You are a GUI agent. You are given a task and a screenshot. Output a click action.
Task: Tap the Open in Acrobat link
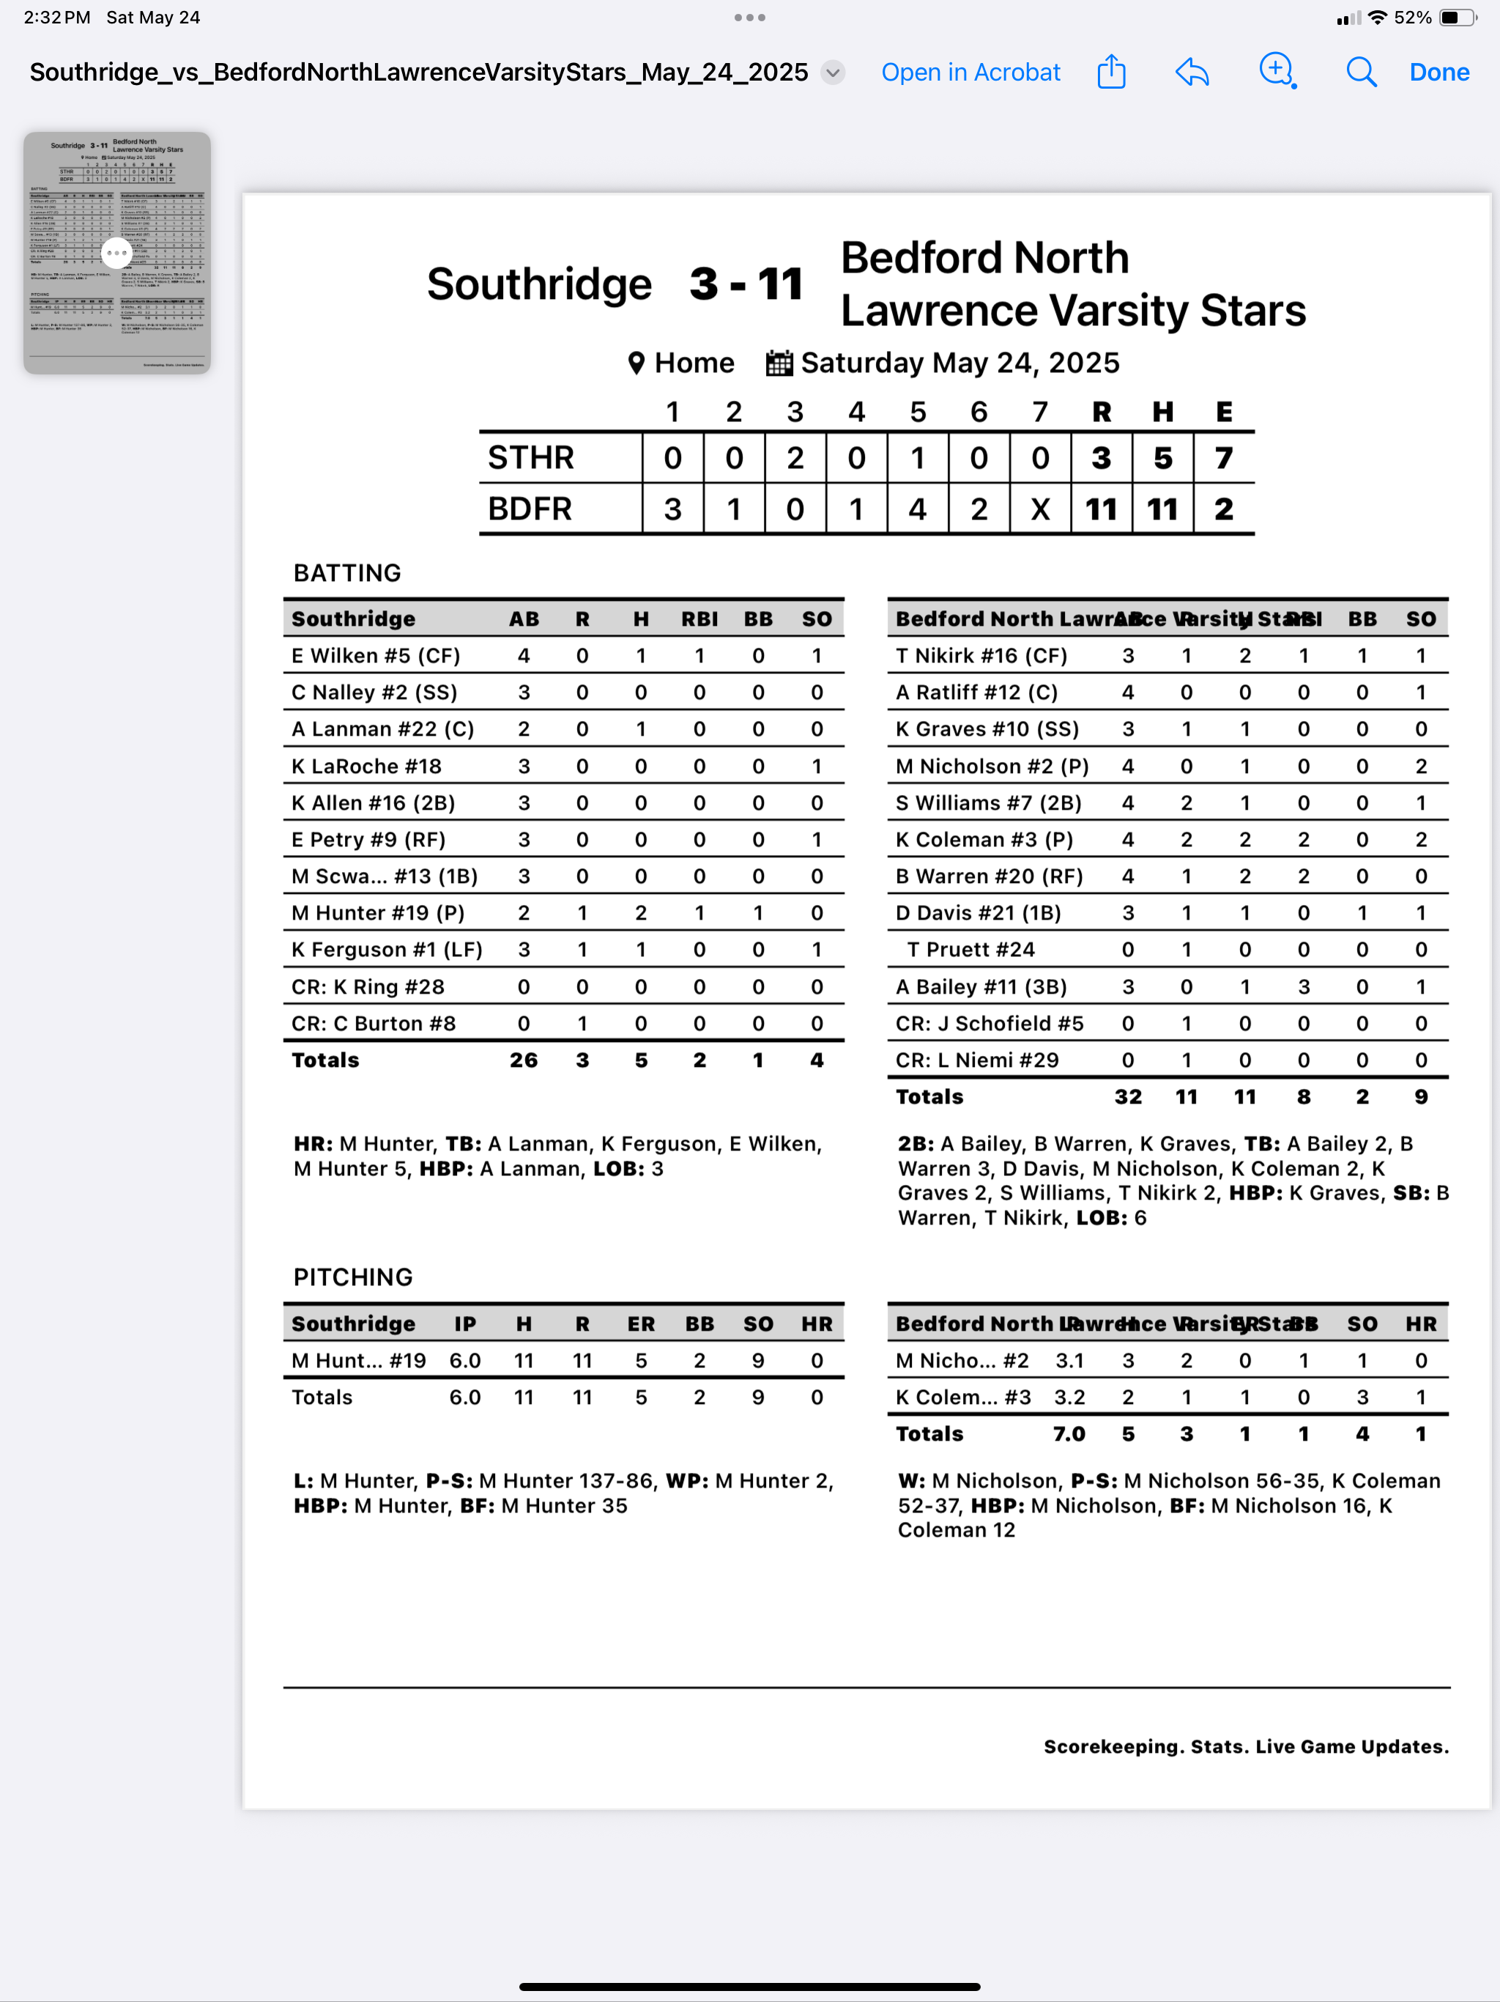[970, 73]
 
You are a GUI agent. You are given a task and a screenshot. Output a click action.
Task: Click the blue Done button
[1438, 73]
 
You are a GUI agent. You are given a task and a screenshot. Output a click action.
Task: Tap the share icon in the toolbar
[1111, 72]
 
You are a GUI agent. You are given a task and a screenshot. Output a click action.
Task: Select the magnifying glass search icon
[1361, 73]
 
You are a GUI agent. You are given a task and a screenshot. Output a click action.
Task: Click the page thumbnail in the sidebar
[116, 253]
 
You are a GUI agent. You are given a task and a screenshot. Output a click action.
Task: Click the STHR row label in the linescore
[531, 458]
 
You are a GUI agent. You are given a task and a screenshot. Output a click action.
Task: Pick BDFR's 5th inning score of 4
[918, 509]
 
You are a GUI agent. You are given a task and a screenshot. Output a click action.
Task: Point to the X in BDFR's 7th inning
[1041, 509]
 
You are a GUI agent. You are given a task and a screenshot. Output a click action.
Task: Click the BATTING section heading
[346, 573]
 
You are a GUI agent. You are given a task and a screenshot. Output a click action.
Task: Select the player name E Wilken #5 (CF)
[376, 655]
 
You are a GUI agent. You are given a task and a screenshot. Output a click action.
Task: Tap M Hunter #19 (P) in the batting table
[377, 912]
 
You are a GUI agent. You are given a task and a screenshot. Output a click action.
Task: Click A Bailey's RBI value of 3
[1303, 986]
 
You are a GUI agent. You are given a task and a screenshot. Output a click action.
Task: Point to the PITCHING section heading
[353, 1277]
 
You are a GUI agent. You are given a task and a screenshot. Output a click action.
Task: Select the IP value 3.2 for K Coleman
[1069, 1397]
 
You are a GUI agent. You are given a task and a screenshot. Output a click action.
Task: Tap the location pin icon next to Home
[636, 363]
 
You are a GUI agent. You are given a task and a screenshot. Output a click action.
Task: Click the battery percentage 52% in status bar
[1412, 17]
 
